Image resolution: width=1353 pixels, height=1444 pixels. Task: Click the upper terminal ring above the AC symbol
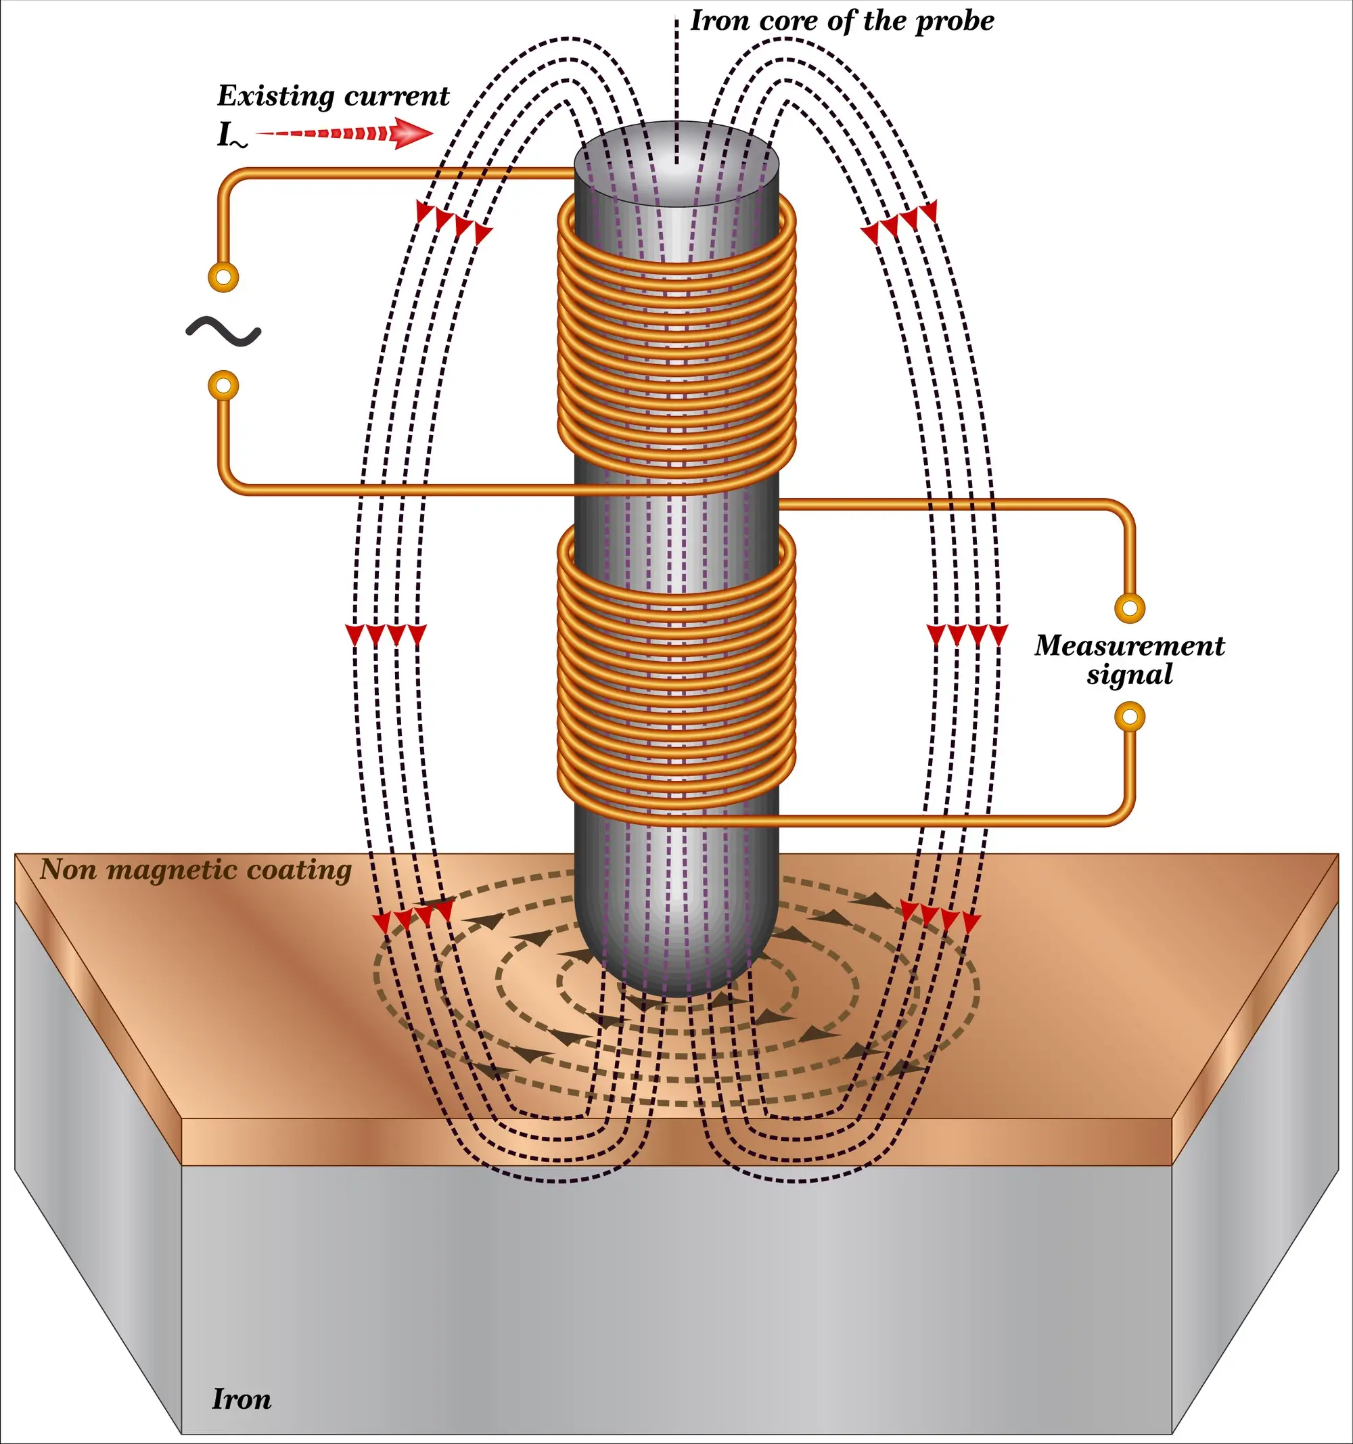223,277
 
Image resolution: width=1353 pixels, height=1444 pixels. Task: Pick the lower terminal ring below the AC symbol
223,386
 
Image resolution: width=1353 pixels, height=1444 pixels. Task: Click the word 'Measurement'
1129,646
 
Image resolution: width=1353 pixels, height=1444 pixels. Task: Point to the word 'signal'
1129,675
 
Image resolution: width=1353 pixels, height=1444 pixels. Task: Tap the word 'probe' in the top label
955,21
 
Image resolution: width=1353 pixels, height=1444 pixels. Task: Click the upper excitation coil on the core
676,342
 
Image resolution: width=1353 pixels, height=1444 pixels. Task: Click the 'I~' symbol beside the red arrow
231,136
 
